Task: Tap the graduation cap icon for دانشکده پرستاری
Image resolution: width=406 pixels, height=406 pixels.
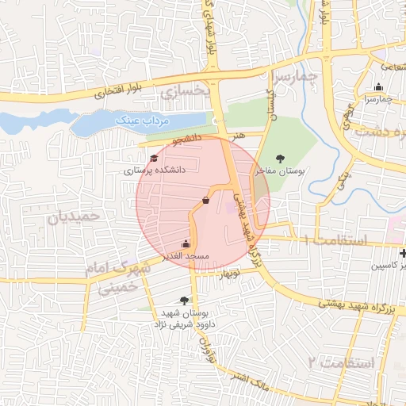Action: point(153,159)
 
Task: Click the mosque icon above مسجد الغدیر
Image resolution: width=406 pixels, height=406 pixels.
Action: point(186,244)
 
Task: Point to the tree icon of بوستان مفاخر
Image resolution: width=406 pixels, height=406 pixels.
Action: point(279,158)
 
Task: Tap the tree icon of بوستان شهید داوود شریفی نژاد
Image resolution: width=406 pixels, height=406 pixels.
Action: point(185,301)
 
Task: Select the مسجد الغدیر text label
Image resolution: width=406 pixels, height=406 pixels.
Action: point(186,256)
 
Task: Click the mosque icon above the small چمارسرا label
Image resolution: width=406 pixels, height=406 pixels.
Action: point(379,87)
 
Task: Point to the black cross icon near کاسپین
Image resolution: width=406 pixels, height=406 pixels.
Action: point(404,254)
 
